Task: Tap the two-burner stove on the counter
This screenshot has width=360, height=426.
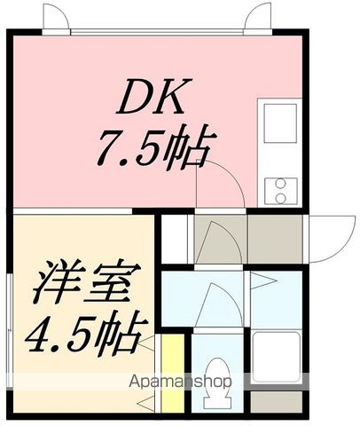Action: click(x=280, y=187)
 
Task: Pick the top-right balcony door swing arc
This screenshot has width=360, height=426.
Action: click(x=260, y=15)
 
